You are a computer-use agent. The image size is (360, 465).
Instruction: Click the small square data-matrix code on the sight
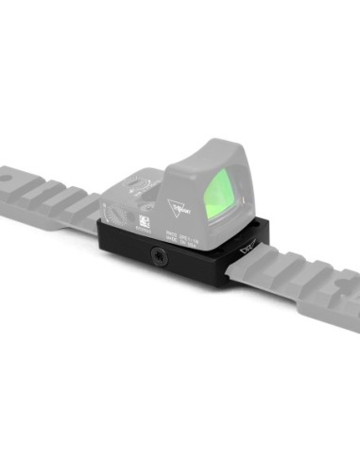146,219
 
